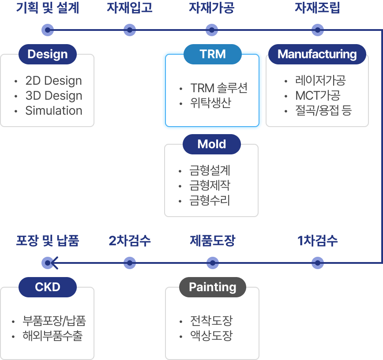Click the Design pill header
point(48,54)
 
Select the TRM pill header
point(213,54)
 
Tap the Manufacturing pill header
point(317,54)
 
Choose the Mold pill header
point(212,144)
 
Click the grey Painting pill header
point(212,287)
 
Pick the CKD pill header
point(48,287)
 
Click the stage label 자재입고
point(129,8)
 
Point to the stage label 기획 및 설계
point(47,8)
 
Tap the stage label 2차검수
point(130,241)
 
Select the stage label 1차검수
point(318,241)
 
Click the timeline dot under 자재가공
point(212,30)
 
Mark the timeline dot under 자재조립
point(318,30)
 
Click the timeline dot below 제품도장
point(212,263)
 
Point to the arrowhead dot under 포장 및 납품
point(48,263)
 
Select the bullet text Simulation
point(54,111)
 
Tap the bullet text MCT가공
point(318,95)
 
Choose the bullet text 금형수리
point(210,201)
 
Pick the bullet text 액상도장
point(211,336)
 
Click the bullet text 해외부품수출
point(53,336)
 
